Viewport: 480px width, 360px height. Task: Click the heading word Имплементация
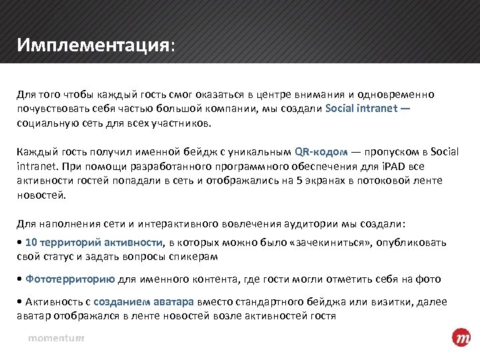click(x=94, y=46)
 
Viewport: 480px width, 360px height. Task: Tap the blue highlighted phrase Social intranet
click(x=363, y=109)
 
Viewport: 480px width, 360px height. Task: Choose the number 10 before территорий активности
click(x=30, y=242)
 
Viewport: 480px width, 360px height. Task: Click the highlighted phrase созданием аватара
click(x=143, y=302)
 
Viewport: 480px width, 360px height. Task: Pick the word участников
click(x=183, y=123)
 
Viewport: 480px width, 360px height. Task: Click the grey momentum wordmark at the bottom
click(x=55, y=339)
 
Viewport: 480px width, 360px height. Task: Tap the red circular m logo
click(x=461, y=338)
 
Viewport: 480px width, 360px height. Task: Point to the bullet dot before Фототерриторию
click(x=20, y=279)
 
